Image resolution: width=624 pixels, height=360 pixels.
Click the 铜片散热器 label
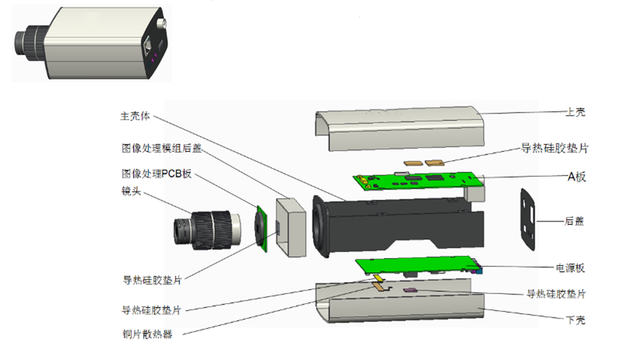[147, 334]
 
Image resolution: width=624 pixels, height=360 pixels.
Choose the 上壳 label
[575, 112]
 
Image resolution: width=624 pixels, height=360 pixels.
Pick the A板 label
[576, 177]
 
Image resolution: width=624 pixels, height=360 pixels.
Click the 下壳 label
[575, 320]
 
